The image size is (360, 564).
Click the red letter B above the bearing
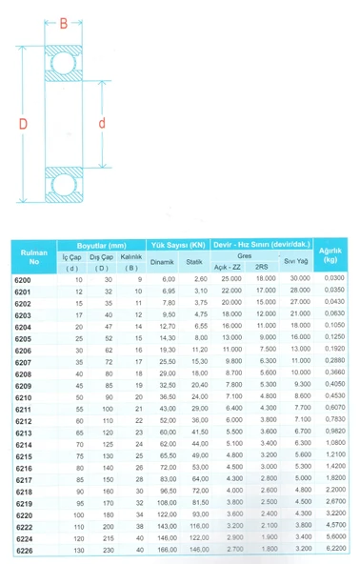click(63, 22)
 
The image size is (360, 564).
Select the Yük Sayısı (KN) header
click(177, 245)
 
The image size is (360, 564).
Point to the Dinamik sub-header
click(162, 260)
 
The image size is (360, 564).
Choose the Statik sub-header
click(195, 260)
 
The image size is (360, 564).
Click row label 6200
click(23, 278)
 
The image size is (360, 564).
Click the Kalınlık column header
click(132, 256)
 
